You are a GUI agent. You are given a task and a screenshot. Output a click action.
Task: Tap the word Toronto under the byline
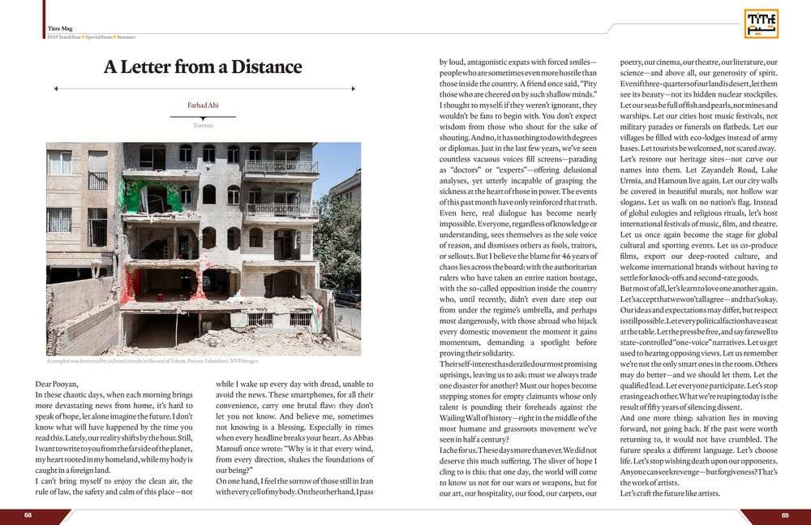(x=204, y=126)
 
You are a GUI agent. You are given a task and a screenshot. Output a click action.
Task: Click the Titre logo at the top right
(x=761, y=24)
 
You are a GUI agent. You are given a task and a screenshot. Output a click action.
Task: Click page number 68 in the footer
(x=28, y=515)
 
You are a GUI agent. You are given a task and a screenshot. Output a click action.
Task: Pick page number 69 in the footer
(x=785, y=515)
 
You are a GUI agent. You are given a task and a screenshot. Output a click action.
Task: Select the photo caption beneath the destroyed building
(x=152, y=362)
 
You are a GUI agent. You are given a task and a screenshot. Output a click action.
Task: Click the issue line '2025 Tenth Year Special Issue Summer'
(x=92, y=37)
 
